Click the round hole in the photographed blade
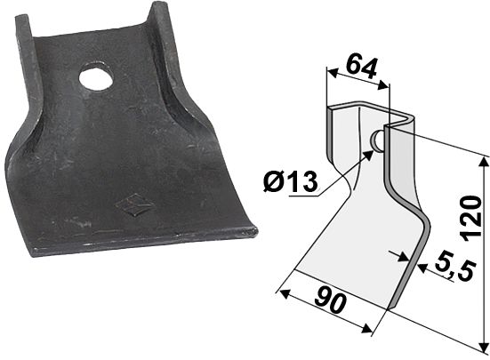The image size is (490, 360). [x=96, y=79]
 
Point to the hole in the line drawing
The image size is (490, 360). [x=377, y=140]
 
